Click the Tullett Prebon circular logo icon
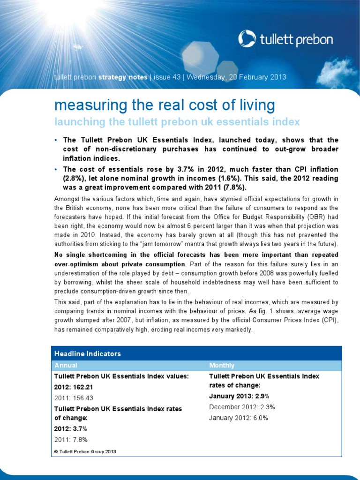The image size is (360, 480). (x=247, y=39)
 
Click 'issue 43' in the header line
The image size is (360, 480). (x=167, y=77)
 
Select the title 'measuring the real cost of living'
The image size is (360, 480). (x=164, y=105)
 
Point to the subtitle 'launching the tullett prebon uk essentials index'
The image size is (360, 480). (x=177, y=122)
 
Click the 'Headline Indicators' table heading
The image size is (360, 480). (x=88, y=354)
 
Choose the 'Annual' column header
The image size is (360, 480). (x=66, y=365)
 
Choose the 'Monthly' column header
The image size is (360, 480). (x=222, y=365)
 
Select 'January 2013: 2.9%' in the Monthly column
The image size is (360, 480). (x=239, y=396)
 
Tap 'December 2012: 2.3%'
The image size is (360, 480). (x=242, y=407)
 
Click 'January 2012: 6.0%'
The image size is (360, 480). (x=238, y=418)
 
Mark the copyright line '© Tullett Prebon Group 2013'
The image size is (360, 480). (x=85, y=451)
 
